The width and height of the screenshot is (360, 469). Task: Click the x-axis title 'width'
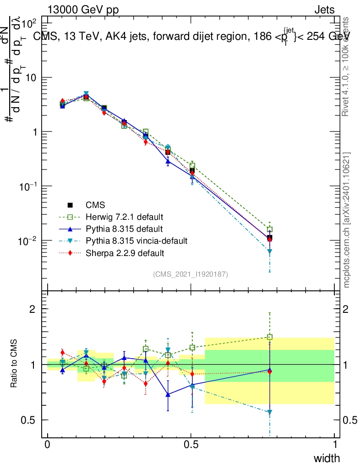point(327,458)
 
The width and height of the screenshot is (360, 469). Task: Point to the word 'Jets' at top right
point(324,10)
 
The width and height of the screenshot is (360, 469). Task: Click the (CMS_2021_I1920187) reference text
point(191,274)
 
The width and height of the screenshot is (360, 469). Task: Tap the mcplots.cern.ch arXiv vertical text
point(347,220)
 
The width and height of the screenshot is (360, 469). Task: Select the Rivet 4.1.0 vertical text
point(347,66)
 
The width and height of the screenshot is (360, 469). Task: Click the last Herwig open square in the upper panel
point(270,229)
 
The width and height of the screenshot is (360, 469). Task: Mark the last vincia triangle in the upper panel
point(270,251)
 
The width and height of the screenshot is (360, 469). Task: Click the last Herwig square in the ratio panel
point(270,337)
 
